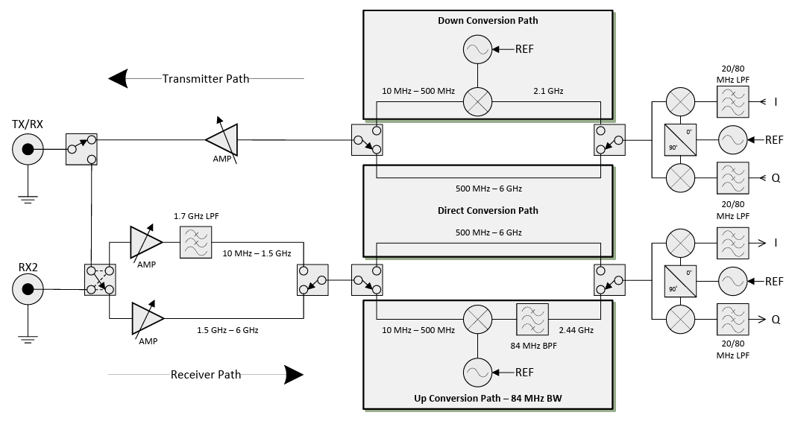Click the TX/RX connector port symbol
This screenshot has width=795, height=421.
pyautogui.click(x=28, y=151)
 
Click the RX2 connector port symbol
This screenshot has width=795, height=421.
pyautogui.click(x=28, y=289)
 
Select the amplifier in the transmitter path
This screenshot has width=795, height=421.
pyautogui.click(x=221, y=139)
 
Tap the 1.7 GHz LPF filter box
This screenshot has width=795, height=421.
pyautogui.click(x=195, y=243)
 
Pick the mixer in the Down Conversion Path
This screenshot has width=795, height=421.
pyautogui.click(x=478, y=101)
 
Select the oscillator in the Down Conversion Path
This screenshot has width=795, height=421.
pyautogui.click(x=478, y=50)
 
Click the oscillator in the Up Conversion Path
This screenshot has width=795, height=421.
pyautogui.click(x=478, y=372)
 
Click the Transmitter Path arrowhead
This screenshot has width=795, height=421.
pyautogui.click(x=119, y=77)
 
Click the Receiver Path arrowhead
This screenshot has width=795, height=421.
pyautogui.click(x=293, y=374)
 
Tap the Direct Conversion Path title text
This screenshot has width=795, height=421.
pyautogui.click(x=488, y=211)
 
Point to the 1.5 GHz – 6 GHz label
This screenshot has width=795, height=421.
pyautogui.click(x=227, y=329)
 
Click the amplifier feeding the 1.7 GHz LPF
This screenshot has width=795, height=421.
pyautogui.click(x=145, y=242)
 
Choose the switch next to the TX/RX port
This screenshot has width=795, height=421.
pyautogui.click(x=81, y=149)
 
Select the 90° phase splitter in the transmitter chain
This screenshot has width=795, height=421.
pyautogui.click(x=679, y=139)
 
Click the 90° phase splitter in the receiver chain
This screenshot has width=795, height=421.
pyautogui.click(x=679, y=282)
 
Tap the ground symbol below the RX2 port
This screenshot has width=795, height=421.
pyautogui.click(x=28, y=339)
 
